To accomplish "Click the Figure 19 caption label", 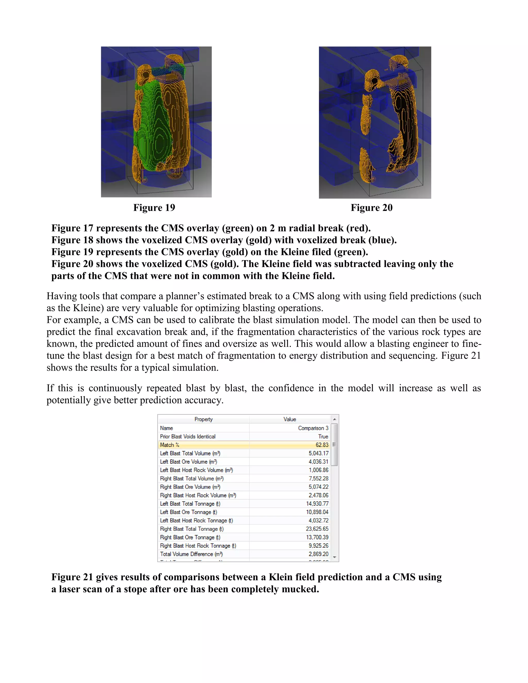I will coord(154,208).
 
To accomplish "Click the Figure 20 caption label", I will coord(371,208).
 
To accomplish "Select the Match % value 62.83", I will coord(322,445).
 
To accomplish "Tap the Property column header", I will coord(203,419).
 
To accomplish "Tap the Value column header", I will coord(289,419).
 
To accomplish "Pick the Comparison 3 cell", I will coord(313,428).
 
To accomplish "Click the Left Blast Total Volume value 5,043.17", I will coord(318,453).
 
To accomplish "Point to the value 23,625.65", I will coord(317,529).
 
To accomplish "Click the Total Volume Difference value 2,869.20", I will coord(318,554).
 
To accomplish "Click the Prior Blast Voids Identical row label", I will coord(188,436).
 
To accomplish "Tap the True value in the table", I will coord(323,436).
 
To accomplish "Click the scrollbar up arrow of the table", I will coord(334,419).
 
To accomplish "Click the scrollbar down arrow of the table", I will coord(334,557).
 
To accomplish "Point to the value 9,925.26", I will coord(318,545).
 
